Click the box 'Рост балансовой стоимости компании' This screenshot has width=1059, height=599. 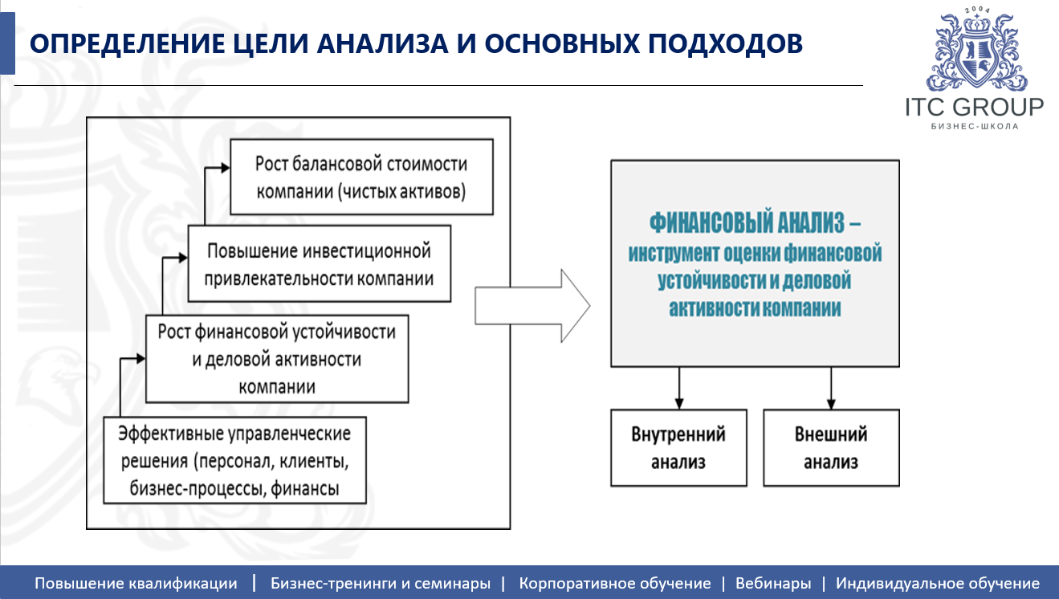point(361,177)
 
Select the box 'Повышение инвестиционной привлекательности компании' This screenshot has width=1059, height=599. point(319,264)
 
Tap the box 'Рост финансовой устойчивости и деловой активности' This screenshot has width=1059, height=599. point(276,358)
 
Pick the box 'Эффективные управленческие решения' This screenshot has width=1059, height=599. point(235,460)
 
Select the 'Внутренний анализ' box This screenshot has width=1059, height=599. point(678,448)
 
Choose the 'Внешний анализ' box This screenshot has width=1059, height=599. point(831,448)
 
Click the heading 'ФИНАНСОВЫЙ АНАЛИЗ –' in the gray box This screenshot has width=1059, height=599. point(755,221)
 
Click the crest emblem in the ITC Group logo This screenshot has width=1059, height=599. point(976,52)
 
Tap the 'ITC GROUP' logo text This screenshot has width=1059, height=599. point(975,107)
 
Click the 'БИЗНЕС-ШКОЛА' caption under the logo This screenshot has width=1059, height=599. point(975,127)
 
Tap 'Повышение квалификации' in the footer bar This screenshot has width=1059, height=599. point(136,584)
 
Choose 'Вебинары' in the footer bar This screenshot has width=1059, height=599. point(773,584)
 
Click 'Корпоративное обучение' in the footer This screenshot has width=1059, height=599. point(615,584)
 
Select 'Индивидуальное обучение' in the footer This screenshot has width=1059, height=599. point(938,584)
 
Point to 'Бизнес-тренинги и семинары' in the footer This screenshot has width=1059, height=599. point(381,584)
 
